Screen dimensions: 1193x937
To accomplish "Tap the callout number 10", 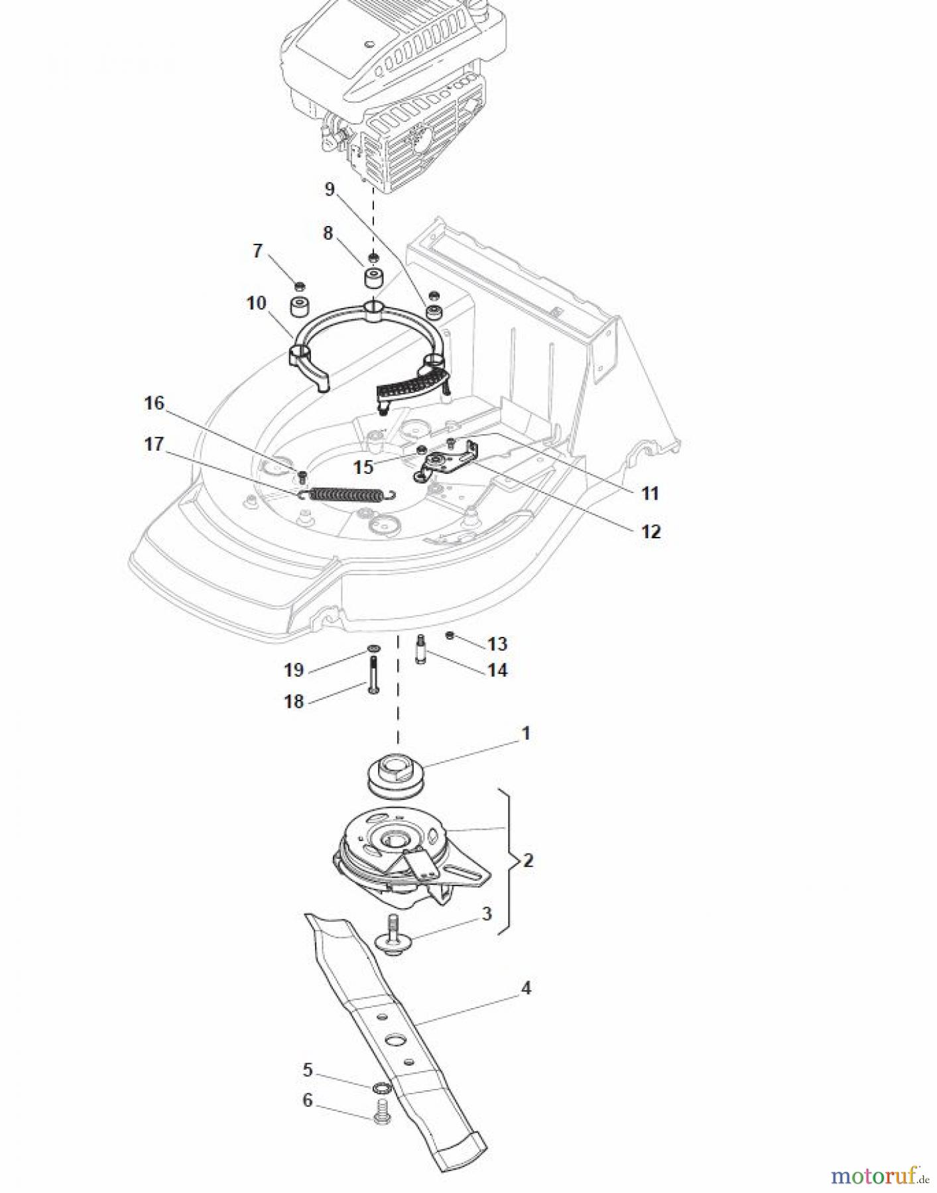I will (256, 304).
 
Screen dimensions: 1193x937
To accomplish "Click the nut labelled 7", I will (300, 286).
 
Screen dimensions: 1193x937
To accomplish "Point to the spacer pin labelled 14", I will (420, 650).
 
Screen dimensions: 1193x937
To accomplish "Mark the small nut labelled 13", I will (450, 636).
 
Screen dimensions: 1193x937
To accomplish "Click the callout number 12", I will (651, 532).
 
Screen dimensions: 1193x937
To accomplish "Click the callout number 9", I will (330, 190).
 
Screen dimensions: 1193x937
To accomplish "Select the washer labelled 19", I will (373, 647).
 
